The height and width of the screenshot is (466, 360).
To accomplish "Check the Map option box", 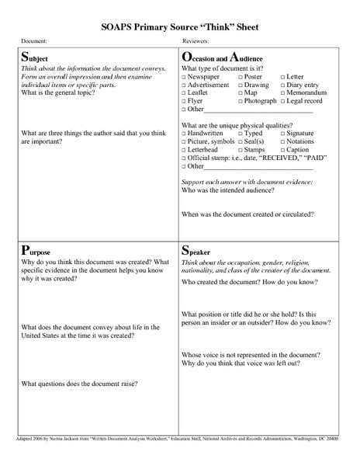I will point(241,94).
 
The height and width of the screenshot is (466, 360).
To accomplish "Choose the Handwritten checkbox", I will point(184,134).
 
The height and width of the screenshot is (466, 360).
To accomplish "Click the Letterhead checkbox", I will point(184,151).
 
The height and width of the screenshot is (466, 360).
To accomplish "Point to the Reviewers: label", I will point(198,40).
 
